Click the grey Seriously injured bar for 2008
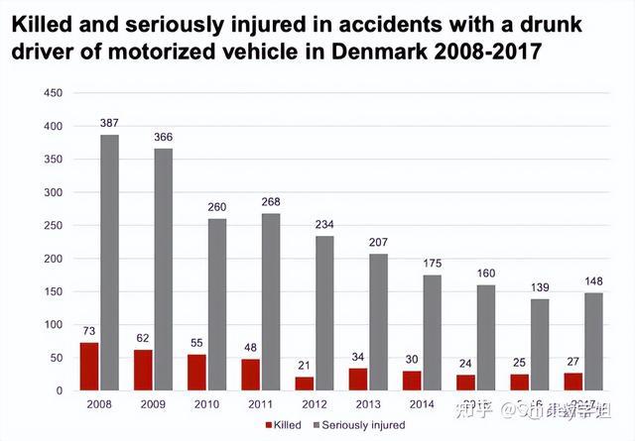point(109,263)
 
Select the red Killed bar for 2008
point(89,367)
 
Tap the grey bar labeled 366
point(163,270)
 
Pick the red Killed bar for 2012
point(305,384)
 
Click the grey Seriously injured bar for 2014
point(432,332)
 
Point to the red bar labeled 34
point(358,380)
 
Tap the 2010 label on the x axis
point(206,404)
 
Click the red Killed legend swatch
point(269,425)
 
